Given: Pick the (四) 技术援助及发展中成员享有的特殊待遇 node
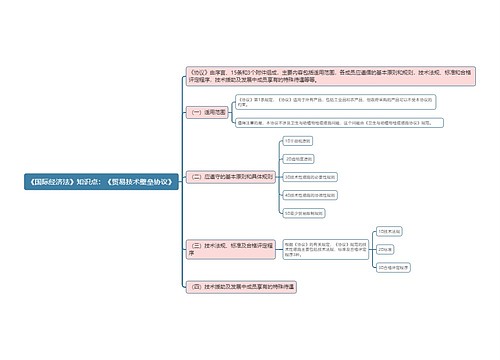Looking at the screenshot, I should pos(240,287).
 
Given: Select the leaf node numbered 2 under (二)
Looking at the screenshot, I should pos(299,157).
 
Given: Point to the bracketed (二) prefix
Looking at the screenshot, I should pos(196,176).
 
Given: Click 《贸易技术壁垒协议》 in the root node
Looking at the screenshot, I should pos(139,181).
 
